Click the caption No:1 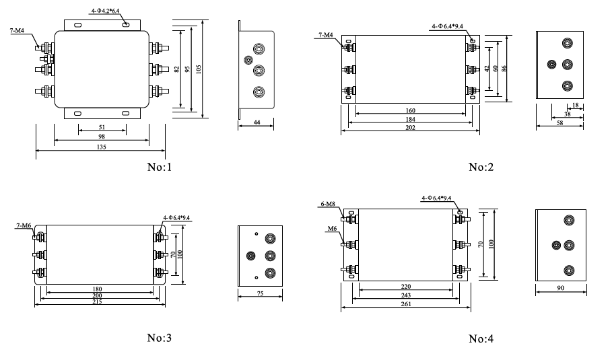[x=160, y=166]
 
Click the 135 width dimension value [x=101, y=146]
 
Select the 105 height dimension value [x=198, y=69]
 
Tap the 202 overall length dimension [x=410, y=128]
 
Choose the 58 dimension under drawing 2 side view [x=558, y=124]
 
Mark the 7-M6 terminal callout [x=23, y=226]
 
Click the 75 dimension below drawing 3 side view [x=261, y=294]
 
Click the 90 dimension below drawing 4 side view [x=561, y=289]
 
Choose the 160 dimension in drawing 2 [x=410, y=110]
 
